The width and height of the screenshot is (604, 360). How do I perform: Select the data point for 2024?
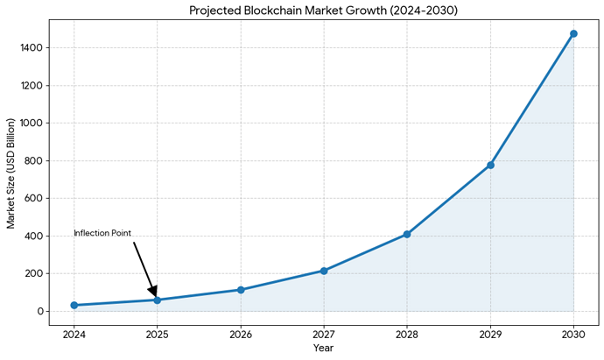pyautogui.click(x=74, y=305)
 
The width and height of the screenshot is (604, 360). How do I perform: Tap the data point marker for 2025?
pyautogui.click(x=157, y=300)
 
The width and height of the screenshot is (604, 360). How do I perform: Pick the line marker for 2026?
pyautogui.click(x=241, y=290)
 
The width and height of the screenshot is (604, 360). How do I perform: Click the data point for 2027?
pyautogui.click(x=324, y=271)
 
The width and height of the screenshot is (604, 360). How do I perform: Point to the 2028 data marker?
pyautogui.click(x=407, y=234)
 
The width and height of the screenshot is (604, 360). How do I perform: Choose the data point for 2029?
pyautogui.click(x=490, y=165)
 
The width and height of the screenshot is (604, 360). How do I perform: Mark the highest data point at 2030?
pyautogui.click(x=573, y=33)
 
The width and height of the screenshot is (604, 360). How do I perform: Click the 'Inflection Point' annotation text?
pyautogui.click(x=102, y=233)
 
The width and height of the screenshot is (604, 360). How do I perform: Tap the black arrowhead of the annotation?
pyautogui.click(x=153, y=292)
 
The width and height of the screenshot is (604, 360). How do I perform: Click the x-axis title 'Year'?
pyautogui.click(x=323, y=349)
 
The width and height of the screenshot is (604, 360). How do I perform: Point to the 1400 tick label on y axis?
pyautogui.click(x=31, y=48)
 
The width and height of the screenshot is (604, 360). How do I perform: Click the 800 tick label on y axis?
pyautogui.click(x=33, y=161)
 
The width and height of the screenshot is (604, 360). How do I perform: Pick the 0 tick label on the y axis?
pyautogui.click(x=39, y=311)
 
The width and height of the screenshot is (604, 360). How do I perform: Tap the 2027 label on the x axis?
pyautogui.click(x=324, y=334)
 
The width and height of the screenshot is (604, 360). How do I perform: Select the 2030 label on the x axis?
pyautogui.click(x=573, y=334)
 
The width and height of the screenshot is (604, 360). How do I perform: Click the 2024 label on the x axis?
pyautogui.click(x=74, y=334)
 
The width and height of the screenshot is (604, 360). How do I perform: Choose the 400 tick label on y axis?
pyautogui.click(x=33, y=236)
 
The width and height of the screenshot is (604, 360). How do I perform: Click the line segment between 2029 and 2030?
pyautogui.click(x=532, y=99)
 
